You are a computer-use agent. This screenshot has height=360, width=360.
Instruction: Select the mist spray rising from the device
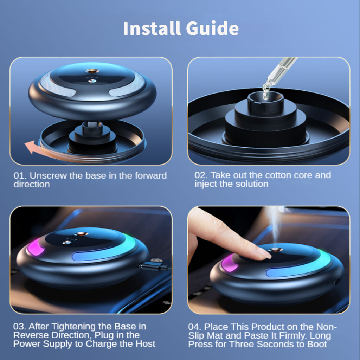274,225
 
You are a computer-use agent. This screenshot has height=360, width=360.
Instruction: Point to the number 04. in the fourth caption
195,327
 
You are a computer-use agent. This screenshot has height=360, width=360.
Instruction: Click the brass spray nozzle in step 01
92,71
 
